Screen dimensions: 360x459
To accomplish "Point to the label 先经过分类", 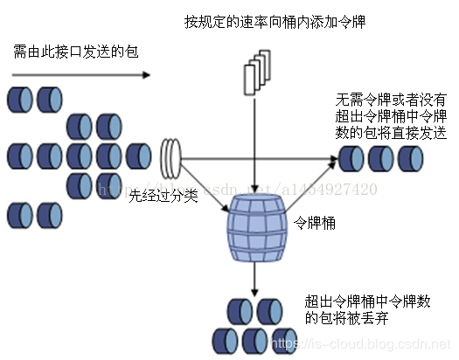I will click(163, 197).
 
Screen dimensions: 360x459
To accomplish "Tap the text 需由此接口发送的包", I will click(75, 52).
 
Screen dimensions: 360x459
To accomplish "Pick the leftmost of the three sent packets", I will click(352, 159).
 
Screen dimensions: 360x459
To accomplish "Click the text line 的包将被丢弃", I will click(348, 318).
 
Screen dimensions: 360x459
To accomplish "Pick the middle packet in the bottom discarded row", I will click(256, 339).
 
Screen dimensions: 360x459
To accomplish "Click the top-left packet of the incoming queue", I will click(20, 96).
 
